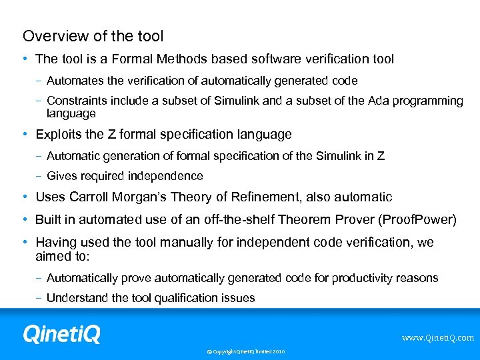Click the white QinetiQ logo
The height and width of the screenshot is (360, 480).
pyautogui.click(x=61, y=333)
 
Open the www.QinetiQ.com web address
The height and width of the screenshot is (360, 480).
pyautogui.click(x=437, y=338)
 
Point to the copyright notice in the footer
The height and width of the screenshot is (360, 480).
pyautogui.click(x=245, y=351)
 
